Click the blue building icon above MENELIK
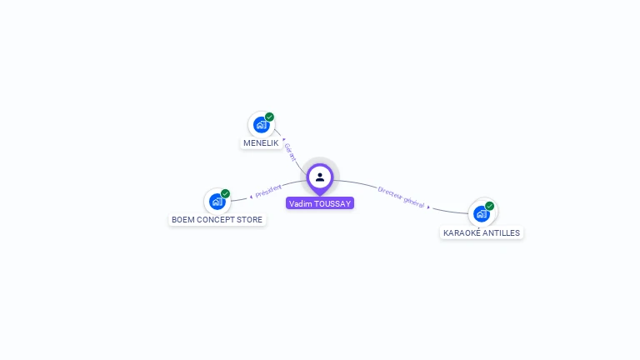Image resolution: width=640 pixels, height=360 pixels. click(x=261, y=125)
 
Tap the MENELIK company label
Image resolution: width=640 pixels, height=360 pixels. click(x=261, y=143)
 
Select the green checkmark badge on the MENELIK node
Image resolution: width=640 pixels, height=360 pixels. click(x=269, y=117)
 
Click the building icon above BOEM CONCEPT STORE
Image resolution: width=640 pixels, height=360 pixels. click(x=217, y=202)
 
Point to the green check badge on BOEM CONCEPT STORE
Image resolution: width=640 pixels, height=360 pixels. click(x=225, y=194)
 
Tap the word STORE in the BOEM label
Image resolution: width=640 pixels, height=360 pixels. click(x=249, y=220)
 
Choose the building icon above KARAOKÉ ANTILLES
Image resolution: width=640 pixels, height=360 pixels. click(x=482, y=214)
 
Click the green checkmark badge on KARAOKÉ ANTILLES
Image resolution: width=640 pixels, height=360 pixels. click(x=490, y=206)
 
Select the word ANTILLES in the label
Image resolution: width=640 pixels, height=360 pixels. click(x=501, y=233)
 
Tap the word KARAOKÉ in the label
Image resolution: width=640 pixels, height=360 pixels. click(x=461, y=233)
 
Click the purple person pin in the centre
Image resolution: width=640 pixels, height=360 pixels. click(x=320, y=178)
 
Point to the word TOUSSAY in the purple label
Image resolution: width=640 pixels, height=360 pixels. click(x=332, y=203)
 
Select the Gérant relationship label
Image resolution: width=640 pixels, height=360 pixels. click(x=290, y=152)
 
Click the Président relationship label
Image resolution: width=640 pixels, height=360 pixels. click(x=268, y=191)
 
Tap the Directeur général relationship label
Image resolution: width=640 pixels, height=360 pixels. click(x=401, y=197)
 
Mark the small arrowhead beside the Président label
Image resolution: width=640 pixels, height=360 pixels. click(x=251, y=197)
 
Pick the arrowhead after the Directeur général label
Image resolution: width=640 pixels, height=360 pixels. click(x=428, y=207)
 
